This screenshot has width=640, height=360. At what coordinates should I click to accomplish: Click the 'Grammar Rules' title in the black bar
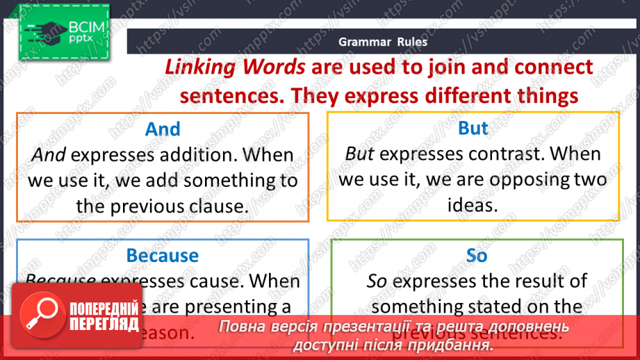(x=383, y=42)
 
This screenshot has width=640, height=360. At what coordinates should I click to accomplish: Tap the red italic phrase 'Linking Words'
(x=235, y=67)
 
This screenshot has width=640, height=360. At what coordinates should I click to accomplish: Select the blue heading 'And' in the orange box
(x=163, y=129)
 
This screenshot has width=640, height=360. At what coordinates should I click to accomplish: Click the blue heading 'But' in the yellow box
(x=473, y=129)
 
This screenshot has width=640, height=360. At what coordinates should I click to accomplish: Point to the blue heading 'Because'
(x=163, y=256)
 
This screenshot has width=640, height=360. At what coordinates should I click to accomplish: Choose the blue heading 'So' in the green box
(x=477, y=256)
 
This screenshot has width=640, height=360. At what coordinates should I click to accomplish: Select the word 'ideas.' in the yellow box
(x=473, y=205)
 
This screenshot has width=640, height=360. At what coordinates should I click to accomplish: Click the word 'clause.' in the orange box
(x=215, y=206)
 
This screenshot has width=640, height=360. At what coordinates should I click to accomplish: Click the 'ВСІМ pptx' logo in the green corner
(x=63, y=31)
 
